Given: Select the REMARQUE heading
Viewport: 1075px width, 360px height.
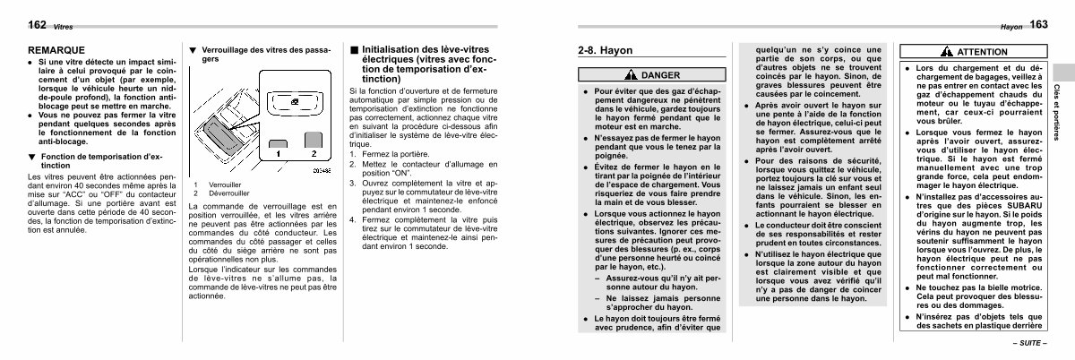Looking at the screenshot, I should [56, 50].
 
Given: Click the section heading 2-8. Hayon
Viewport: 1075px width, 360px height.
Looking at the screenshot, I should [605, 51].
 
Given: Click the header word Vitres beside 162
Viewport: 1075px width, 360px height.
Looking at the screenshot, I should [38, 28].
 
